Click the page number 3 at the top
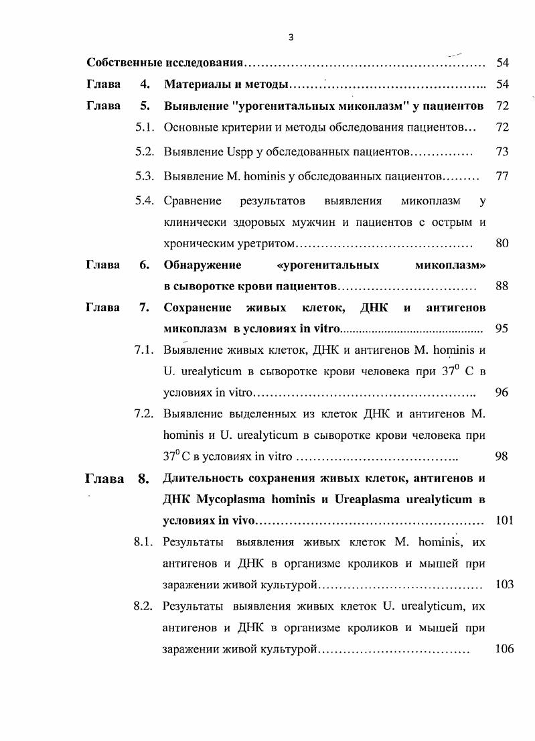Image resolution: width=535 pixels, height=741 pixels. (291, 38)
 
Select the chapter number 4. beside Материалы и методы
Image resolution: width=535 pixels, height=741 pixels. (144, 85)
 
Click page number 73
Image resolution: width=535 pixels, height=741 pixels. (502, 152)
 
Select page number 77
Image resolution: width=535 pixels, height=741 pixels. (502, 177)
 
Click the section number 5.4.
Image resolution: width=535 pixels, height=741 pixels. (145, 201)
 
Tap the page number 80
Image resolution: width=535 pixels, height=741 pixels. (502, 243)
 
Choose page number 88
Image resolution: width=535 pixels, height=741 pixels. (502, 287)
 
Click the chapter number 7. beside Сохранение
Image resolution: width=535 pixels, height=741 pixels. (144, 308)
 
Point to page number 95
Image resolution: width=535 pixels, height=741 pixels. (502, 329)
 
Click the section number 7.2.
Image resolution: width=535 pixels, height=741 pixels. (145, 414)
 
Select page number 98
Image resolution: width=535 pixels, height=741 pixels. (502, 457)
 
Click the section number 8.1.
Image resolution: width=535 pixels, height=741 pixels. (145, 543)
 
